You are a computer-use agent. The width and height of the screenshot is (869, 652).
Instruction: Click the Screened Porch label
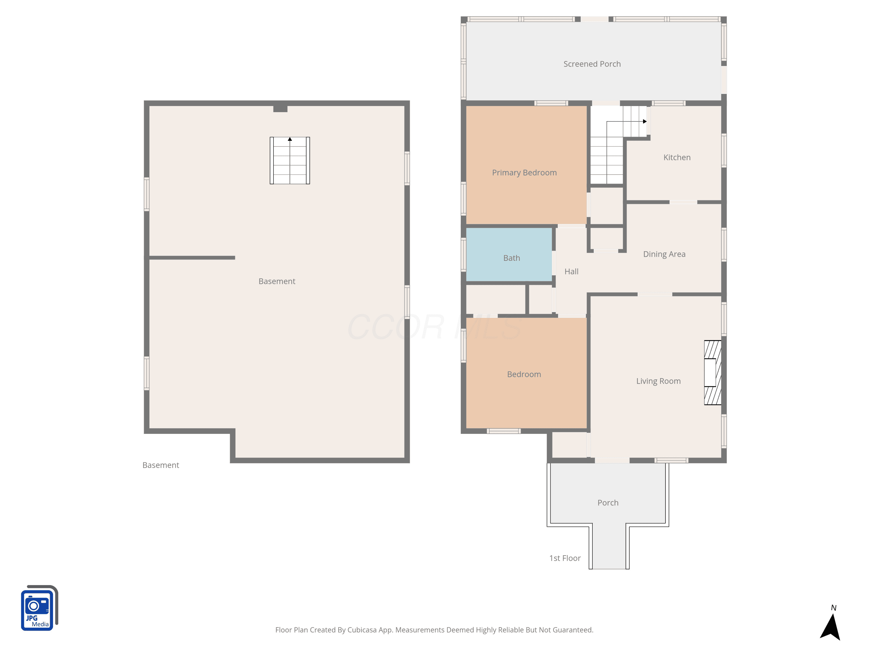[592, 64]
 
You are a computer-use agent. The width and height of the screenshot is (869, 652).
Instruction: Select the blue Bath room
[509, 255]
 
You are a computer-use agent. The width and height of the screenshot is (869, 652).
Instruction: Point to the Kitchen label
[677, 158]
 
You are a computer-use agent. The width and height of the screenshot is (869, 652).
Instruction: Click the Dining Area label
[664, 254]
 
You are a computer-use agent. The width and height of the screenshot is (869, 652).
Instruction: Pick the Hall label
[572, 272]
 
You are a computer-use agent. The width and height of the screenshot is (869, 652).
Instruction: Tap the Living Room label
[658, 381]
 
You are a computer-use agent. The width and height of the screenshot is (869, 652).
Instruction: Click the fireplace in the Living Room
[713, 373]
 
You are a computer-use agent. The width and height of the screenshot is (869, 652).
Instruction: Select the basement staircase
[290, 160]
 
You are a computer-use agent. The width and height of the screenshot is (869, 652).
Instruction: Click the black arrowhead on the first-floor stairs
[645, 121]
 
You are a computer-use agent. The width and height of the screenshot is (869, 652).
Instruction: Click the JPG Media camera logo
[39, 608]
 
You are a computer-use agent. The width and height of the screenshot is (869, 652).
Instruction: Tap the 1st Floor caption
[565, 558]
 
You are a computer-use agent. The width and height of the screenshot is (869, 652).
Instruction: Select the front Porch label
[608, 503]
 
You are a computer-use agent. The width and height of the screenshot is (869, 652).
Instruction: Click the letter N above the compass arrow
[834, 608]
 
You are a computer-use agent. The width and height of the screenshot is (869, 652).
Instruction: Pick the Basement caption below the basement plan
[161, 465]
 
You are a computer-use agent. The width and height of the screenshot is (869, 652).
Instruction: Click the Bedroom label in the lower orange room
[524, 374]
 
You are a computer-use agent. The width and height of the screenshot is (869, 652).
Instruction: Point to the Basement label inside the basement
[277, 281]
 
